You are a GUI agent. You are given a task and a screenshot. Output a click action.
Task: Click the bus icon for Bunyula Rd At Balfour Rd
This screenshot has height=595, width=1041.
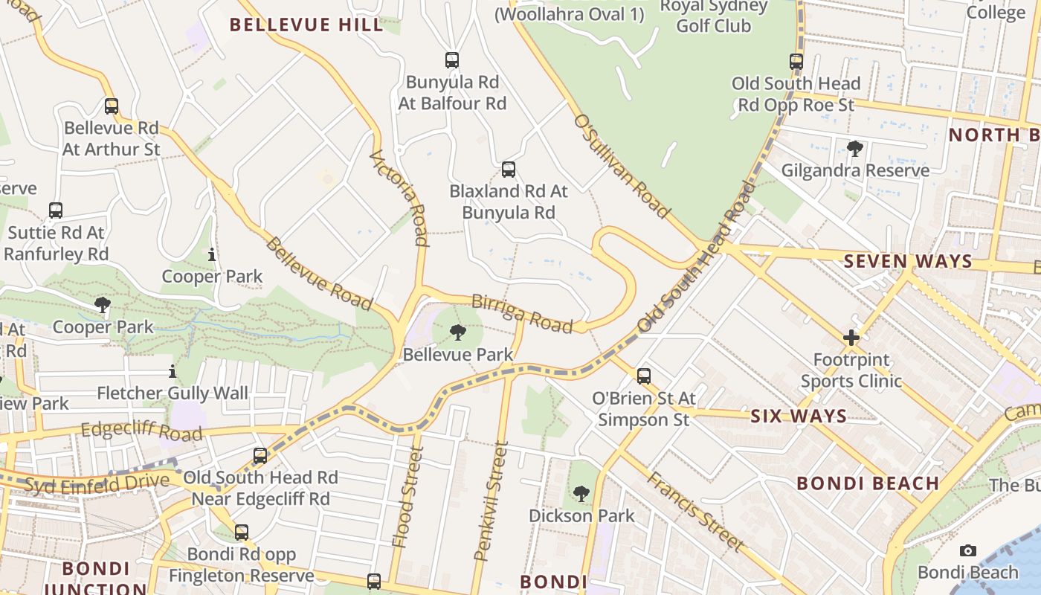(451, 60)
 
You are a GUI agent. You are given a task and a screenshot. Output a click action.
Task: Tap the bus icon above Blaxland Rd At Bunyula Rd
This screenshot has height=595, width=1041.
(509, 170)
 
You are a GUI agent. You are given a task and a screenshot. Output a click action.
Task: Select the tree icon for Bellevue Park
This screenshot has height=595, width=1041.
(458, 332)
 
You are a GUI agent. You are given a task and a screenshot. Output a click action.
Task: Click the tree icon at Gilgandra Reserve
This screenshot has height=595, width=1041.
(855, 149)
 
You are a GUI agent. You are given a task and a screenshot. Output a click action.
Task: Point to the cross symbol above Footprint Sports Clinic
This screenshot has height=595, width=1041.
(851, 338)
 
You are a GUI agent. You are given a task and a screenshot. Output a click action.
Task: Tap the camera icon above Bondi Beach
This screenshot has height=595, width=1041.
(967, 550)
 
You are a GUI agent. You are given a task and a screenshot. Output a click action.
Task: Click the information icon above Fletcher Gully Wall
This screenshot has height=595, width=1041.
(173, 371)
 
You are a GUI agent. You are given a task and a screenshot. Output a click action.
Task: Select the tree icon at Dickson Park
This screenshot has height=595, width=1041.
(581, 493)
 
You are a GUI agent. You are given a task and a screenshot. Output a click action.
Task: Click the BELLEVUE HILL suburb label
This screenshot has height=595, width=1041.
(306, 25)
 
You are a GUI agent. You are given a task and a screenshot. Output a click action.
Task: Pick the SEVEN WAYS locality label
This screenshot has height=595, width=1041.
(908, 261)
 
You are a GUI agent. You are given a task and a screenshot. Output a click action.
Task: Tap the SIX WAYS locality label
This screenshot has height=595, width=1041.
(799, 416)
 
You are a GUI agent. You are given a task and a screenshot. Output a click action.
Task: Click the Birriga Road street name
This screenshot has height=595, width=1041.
(522, 313)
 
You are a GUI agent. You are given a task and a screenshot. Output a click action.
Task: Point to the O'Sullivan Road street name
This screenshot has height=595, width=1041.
(621, 166)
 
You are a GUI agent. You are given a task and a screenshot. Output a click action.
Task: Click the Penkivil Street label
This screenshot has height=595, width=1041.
(492, 501)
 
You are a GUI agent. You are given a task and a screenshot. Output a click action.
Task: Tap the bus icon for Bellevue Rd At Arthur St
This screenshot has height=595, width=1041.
(112, 106)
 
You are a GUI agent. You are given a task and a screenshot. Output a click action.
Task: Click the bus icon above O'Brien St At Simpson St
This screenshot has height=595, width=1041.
(644, 376)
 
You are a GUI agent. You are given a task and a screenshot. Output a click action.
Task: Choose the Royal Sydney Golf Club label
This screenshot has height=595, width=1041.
(713, 16)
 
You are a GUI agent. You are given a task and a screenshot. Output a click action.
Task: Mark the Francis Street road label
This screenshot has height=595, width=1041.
(694, 512)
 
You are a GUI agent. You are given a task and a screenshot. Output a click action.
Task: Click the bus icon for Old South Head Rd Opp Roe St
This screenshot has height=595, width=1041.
(796, 62)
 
